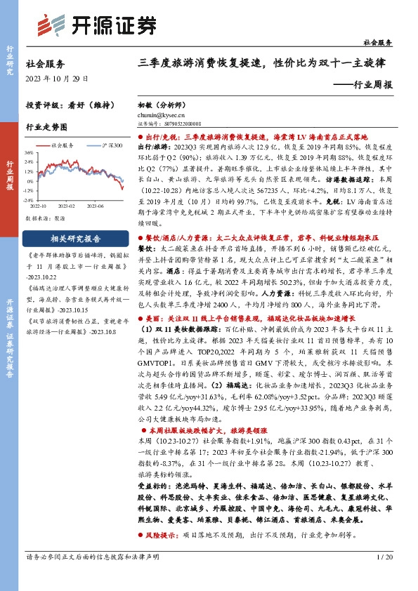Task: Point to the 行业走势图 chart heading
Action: [x=46, y=128]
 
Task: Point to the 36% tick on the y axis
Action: [x=28, y=152]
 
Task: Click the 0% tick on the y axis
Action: [x=30, y=179]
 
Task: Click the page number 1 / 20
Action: [x=384, y=577]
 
